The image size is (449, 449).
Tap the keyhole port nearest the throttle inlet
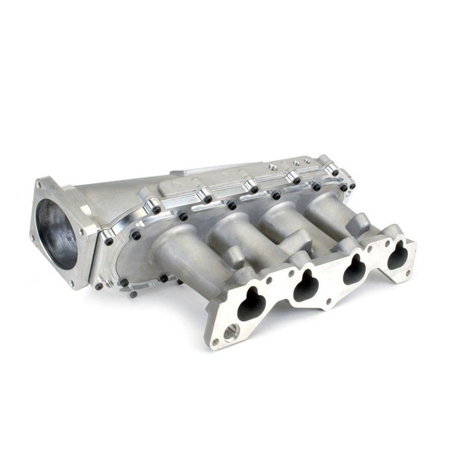[x=251, y=304]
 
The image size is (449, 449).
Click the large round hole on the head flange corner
[x=231, y=330]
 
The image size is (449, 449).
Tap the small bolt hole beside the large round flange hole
[x=216, y=342]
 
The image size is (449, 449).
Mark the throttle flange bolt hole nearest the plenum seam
[x=82, y=231]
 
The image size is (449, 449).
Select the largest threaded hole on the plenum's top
[x=273, y=167]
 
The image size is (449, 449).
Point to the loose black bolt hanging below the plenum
[x=133, y=294]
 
